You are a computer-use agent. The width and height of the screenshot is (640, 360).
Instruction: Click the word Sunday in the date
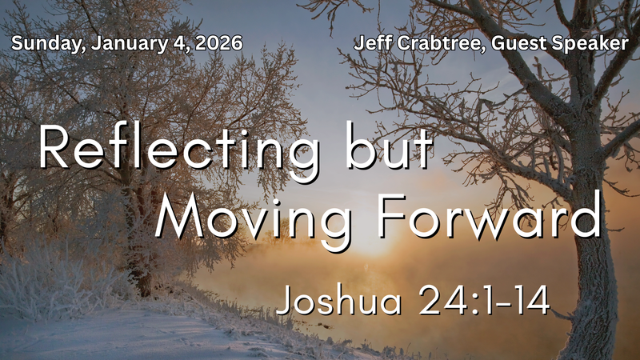[42, 42]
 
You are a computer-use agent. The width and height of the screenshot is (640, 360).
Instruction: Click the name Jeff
[369, 42]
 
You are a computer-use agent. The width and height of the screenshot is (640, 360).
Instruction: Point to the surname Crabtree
[428, 42]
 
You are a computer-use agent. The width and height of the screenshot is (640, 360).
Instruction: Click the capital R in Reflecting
[57, 148]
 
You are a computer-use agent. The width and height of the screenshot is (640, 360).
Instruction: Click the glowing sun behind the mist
[376, 240]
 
